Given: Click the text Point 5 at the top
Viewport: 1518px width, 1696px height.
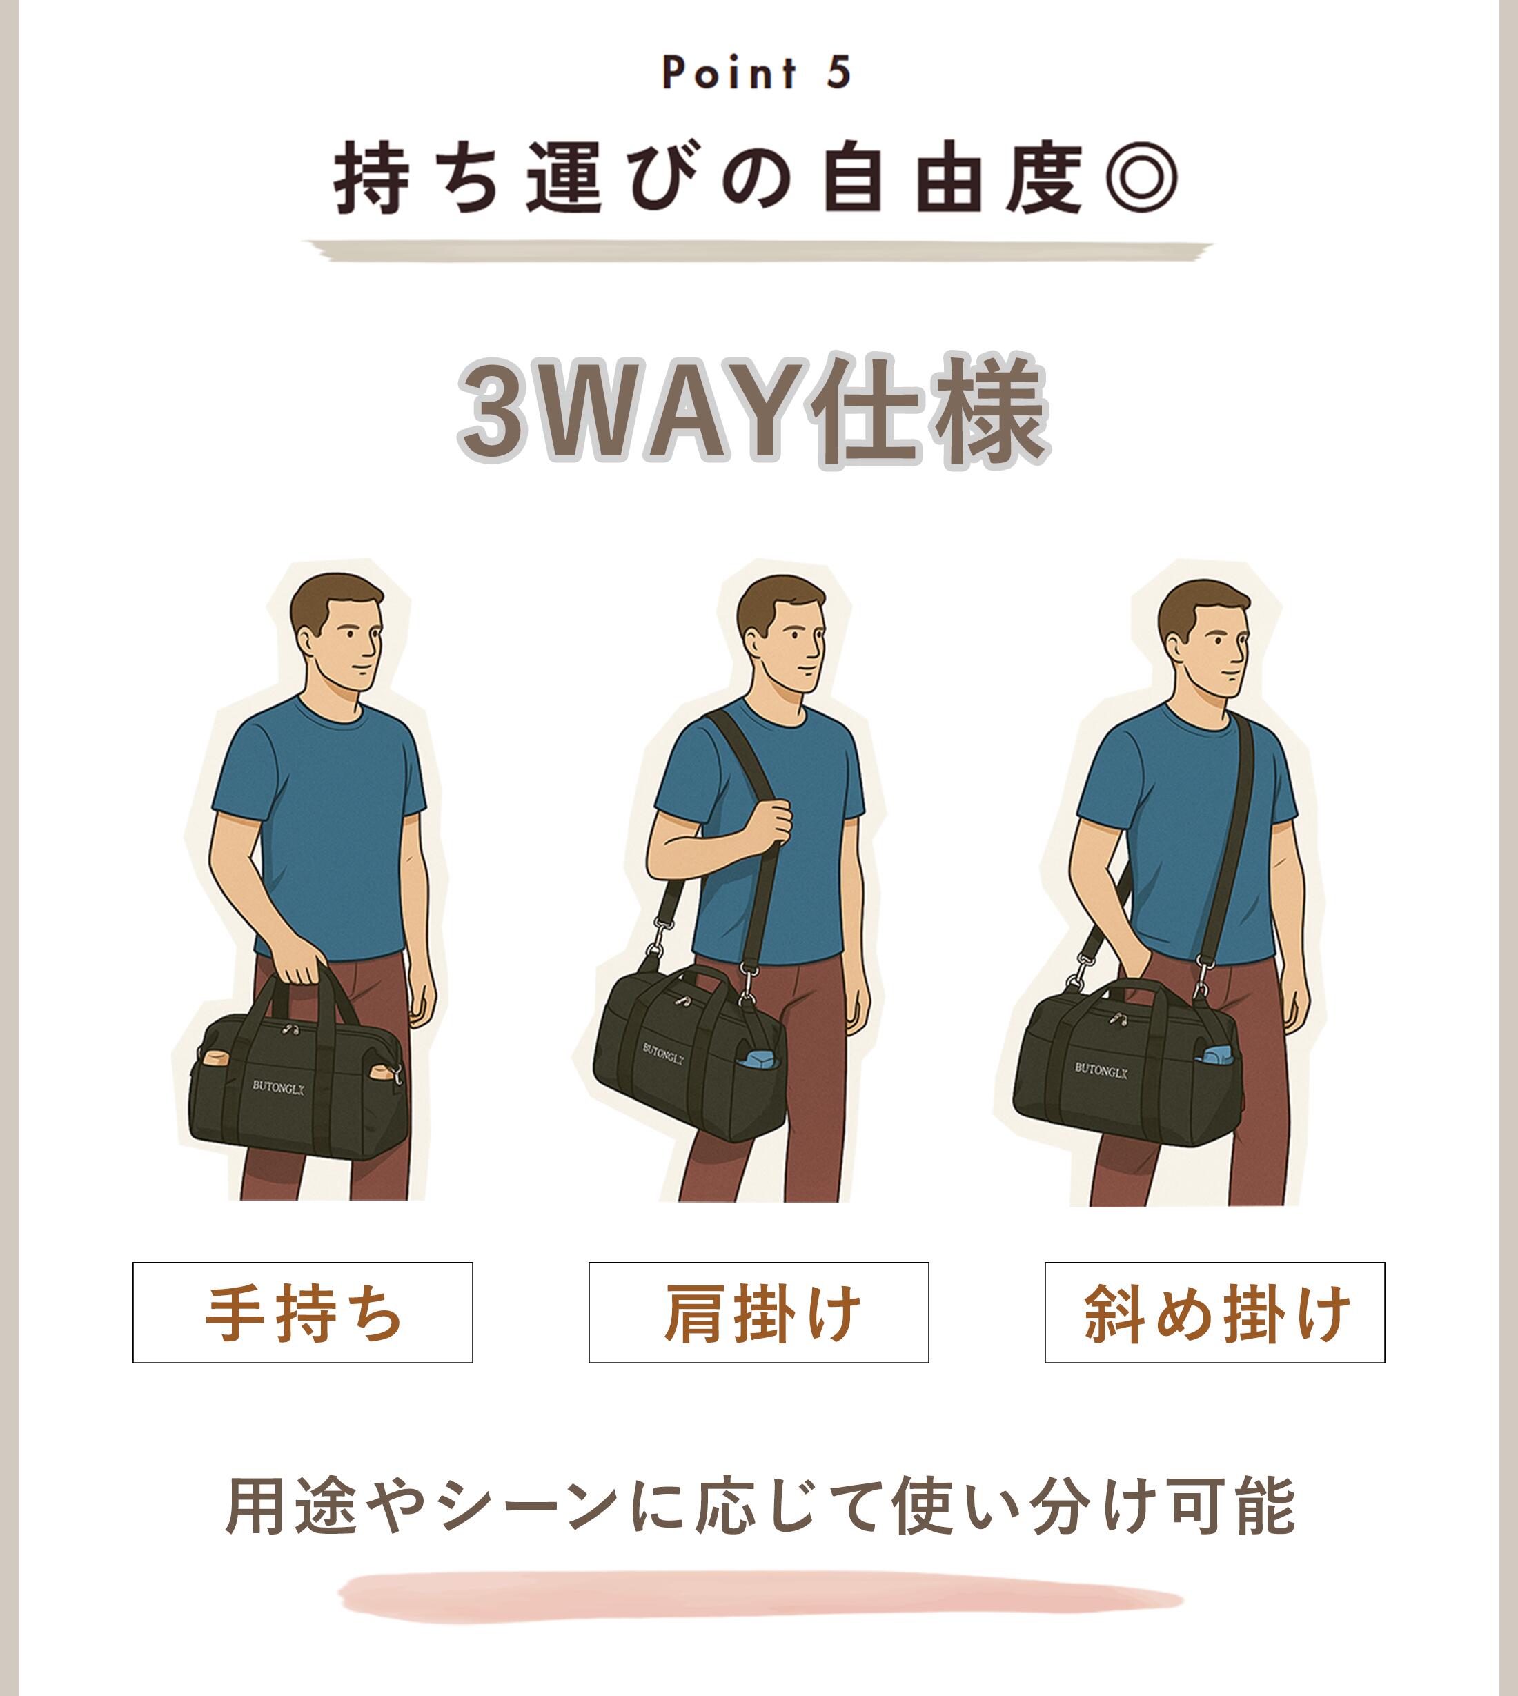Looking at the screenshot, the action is pyautogui.click(x=756, y=72).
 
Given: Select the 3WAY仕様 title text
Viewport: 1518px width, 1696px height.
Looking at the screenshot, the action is pyautogui.click(x=754, y=411).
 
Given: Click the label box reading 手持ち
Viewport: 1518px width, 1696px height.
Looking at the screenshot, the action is pyautogui.click(x=303, y=1312).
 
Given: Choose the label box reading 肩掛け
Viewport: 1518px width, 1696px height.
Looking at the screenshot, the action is pyautogui.click(x=759, y=1312).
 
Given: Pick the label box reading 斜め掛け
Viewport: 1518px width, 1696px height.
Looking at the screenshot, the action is pyautogui.click(x=1215, y=1312).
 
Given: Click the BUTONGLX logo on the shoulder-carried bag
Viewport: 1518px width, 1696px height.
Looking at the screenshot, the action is pyautogui.click(x=664, y=1054).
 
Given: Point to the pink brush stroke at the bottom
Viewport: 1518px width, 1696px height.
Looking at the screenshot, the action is pyautogui.click(x=760, y=1597).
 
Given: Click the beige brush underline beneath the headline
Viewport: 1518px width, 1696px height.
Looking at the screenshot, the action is pyautogui.click(x=758, y=250).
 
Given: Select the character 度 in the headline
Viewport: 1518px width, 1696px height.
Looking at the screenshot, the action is pyautogui.click(x=1044, y=178).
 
